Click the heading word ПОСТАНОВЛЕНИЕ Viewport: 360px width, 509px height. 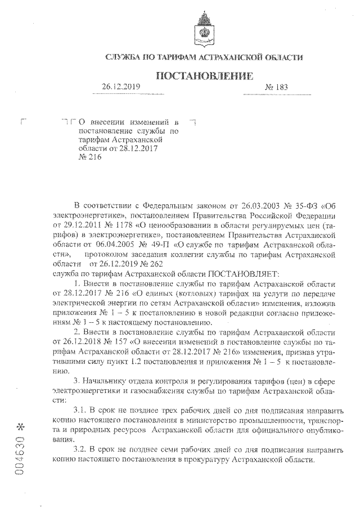[x=204, y=75]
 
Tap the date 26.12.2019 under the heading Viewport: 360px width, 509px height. [x=121, y=87]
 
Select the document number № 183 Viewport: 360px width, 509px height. [x=276, y=87]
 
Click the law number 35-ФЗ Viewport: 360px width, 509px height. [x=306, y=205]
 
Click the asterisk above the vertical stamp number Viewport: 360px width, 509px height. [x=21, y=426]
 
